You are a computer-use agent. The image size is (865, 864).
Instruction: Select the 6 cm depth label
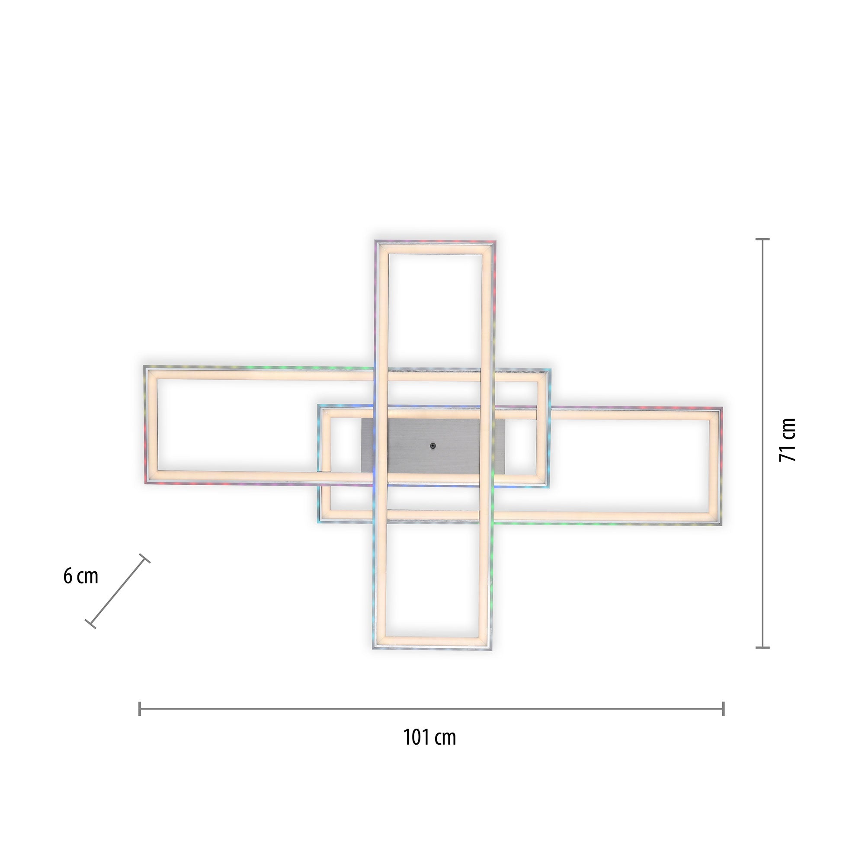pos(80,576)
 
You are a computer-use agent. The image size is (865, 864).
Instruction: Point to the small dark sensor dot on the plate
pos(432,445)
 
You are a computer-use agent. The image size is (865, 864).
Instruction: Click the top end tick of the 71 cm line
pos(762,240)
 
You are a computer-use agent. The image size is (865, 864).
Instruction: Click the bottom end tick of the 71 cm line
pos(762,647)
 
